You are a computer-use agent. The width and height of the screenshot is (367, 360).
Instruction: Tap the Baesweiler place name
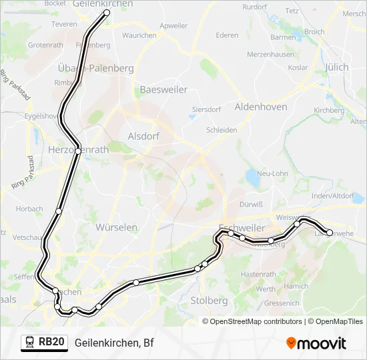(162, 89)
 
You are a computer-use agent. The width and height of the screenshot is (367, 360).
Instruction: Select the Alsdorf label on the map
(143, 136)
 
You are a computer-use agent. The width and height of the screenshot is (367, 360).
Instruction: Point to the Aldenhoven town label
(261, 107)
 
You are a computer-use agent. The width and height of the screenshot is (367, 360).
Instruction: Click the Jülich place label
(336, 67)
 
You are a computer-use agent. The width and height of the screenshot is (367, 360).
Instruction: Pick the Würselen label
(117, 227)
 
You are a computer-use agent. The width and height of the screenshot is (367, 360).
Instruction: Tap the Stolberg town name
(209, 301)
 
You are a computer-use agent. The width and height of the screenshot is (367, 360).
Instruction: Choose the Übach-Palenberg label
(95, 68)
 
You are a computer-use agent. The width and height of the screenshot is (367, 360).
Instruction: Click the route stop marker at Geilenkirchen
(106, 13)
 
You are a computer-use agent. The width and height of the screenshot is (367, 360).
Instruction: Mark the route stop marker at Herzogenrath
(79, 151)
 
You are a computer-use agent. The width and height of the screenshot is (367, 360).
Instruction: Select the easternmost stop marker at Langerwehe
(330, 233)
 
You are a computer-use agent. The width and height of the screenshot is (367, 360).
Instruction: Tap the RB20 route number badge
(51, 343)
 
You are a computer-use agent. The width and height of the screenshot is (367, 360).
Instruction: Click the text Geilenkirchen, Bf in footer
(114, 343)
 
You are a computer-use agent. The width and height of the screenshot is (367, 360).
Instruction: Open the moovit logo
(316, 343)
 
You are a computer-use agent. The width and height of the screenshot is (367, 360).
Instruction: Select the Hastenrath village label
(254, 274)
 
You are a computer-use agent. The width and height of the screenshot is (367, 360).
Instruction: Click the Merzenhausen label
(271, 53)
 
